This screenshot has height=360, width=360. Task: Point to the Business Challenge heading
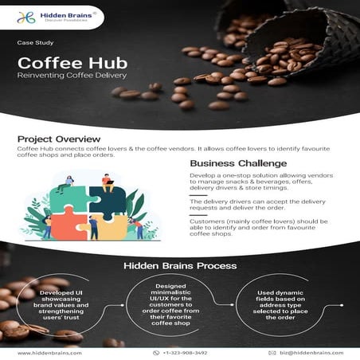(x=238, y=164)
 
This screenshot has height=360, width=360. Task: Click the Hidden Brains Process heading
(x=179, y=264)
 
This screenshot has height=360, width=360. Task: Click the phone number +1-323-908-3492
(x=185, y=352)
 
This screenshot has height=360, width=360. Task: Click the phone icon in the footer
(x=156, y=352)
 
